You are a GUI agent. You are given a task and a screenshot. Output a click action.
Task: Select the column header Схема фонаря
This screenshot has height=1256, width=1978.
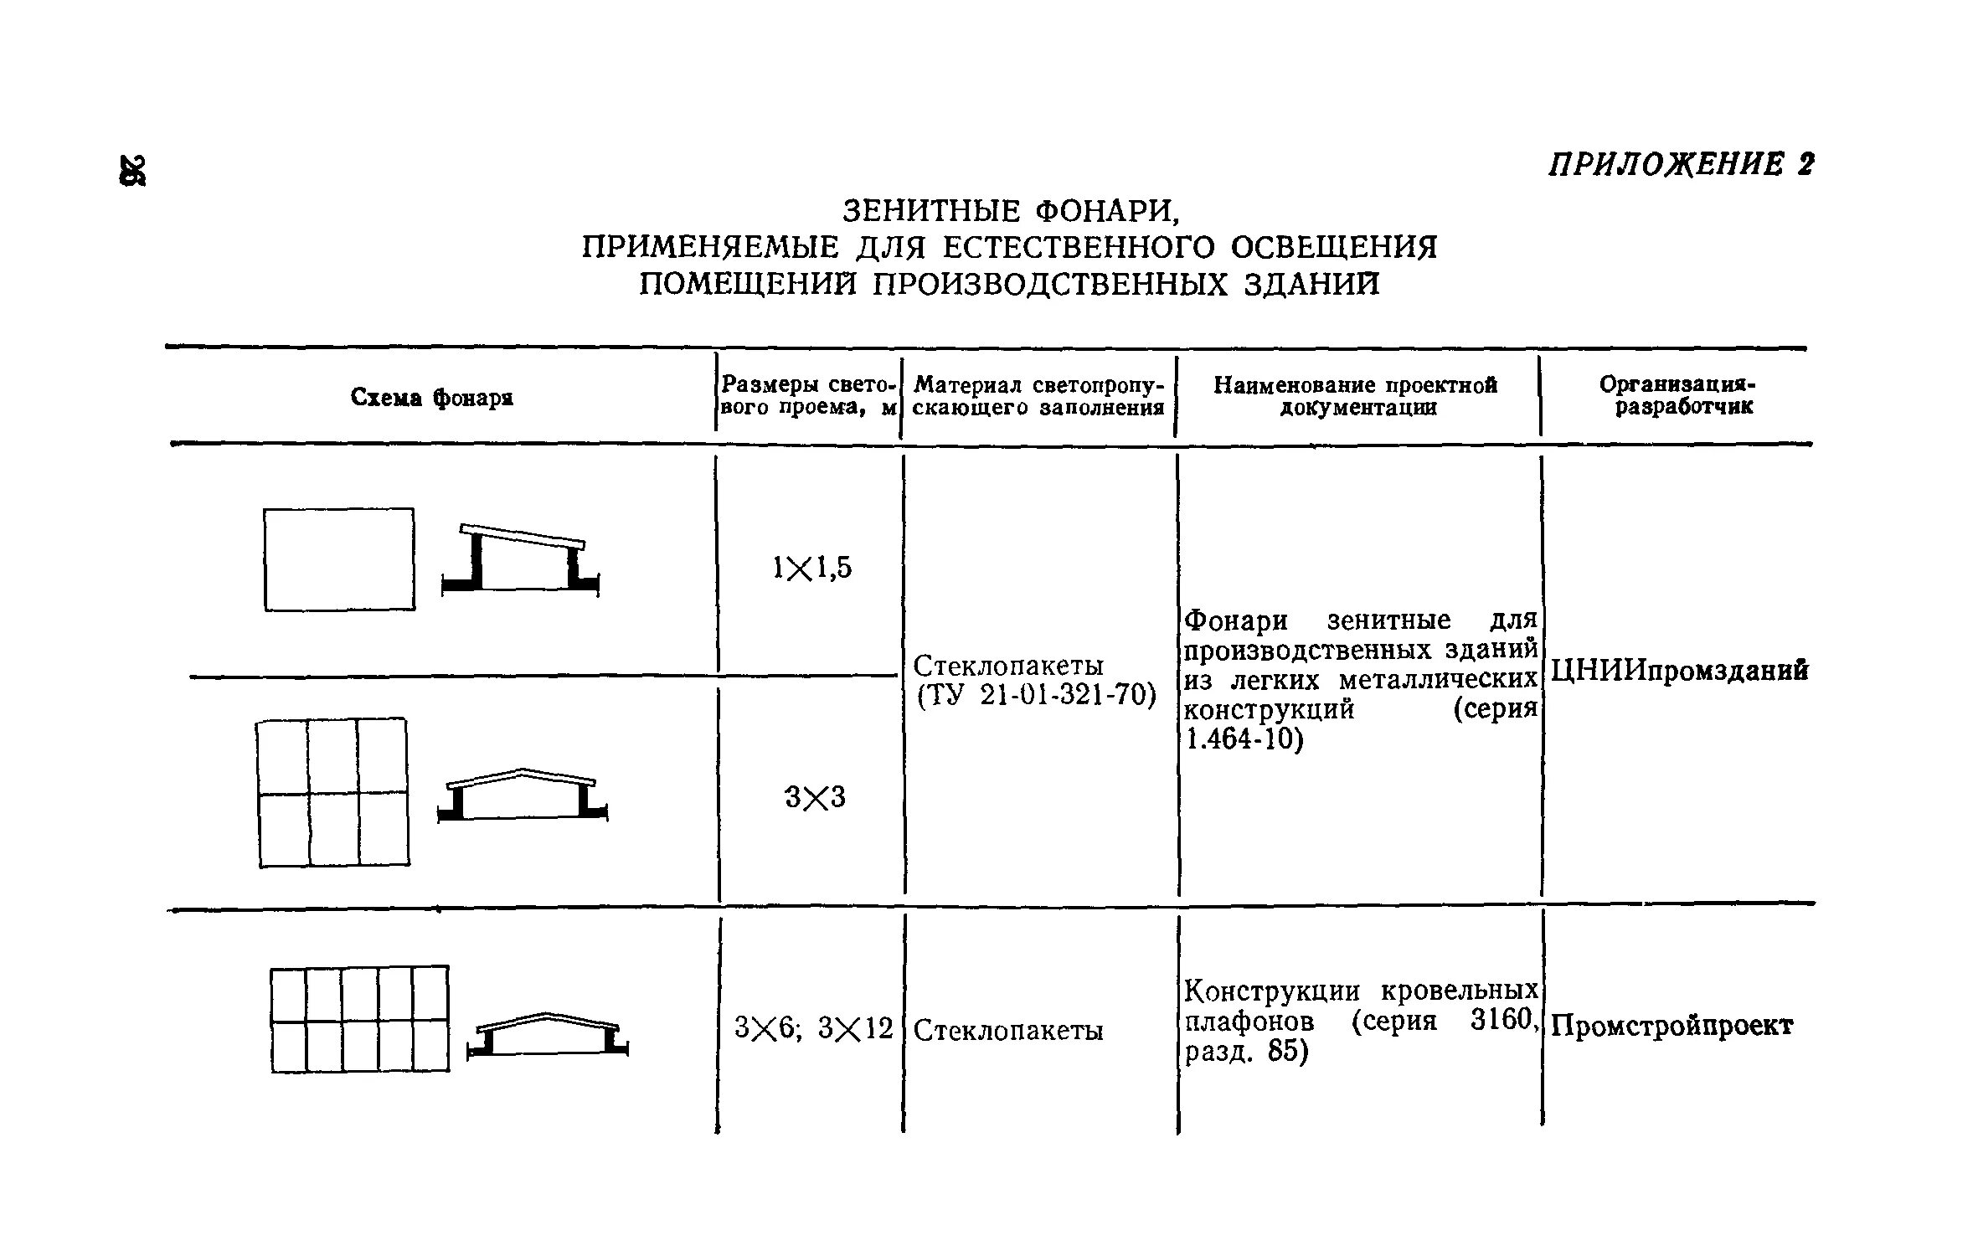tap(431, 397)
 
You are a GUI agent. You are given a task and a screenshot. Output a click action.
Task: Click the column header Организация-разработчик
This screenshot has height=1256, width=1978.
tap(1677, 395)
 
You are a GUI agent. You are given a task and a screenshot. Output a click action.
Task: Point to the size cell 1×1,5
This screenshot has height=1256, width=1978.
tap(811, 569)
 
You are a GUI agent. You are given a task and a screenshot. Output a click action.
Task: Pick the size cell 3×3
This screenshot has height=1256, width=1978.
tap(815, 797)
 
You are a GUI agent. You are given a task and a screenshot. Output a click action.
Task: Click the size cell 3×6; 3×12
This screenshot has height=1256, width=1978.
tap(813, 1027)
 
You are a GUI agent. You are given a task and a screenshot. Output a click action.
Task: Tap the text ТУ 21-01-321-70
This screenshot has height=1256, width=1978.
tap(1037, 696)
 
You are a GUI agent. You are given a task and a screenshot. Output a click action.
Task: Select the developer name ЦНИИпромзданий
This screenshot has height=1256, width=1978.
tap(1679, 671)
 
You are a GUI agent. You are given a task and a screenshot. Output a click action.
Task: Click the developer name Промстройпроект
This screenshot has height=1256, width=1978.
tap(1672, 1026)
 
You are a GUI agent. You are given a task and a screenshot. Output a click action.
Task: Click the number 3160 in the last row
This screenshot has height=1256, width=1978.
tap(1503, 1021)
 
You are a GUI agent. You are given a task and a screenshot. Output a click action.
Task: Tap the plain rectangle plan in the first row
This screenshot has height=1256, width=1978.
tap(339, 559)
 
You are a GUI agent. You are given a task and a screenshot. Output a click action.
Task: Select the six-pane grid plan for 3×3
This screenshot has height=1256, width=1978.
tap(333, 792)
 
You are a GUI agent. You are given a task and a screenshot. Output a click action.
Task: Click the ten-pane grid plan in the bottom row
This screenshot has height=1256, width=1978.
tap(359, 1019)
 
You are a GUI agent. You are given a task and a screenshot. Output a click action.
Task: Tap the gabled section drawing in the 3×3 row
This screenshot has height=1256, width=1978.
tap(523, 795)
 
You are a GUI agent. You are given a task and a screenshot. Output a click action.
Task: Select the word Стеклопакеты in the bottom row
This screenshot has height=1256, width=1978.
tap(1008, 1030)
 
